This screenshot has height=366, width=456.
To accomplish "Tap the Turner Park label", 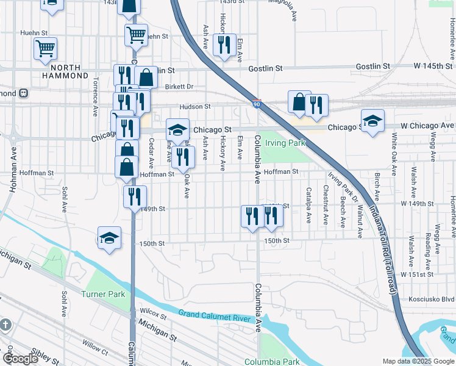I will [103, 294].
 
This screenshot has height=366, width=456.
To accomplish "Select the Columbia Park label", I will [272, 362].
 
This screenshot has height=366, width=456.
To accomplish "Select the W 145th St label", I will [433, 65].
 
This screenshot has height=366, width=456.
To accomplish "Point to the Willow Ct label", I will [95, 348].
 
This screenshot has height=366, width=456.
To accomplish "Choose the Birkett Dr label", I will [179, 87].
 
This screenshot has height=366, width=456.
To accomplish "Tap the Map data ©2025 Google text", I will [418, 361].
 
